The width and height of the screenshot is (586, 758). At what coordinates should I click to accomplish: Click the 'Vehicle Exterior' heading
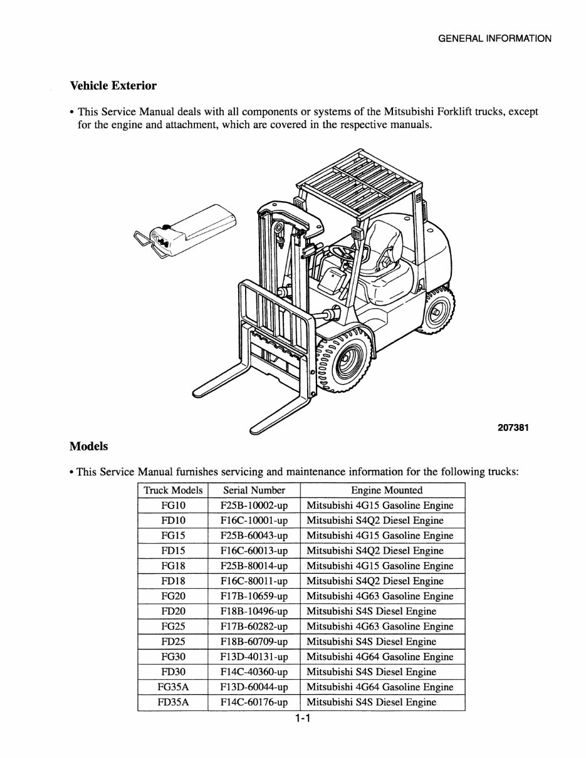113,86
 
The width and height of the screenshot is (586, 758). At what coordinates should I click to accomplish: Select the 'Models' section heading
88,447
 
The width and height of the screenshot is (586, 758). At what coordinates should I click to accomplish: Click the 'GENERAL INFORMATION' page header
494,38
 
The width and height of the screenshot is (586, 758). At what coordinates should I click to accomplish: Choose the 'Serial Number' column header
254,491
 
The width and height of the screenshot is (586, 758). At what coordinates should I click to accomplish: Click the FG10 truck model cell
173,506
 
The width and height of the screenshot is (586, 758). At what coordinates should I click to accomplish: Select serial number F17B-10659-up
254,596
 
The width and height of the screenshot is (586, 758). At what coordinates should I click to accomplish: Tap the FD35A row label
173,702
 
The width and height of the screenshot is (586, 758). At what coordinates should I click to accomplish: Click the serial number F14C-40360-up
254,672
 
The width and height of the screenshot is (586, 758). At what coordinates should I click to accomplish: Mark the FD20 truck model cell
173,611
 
